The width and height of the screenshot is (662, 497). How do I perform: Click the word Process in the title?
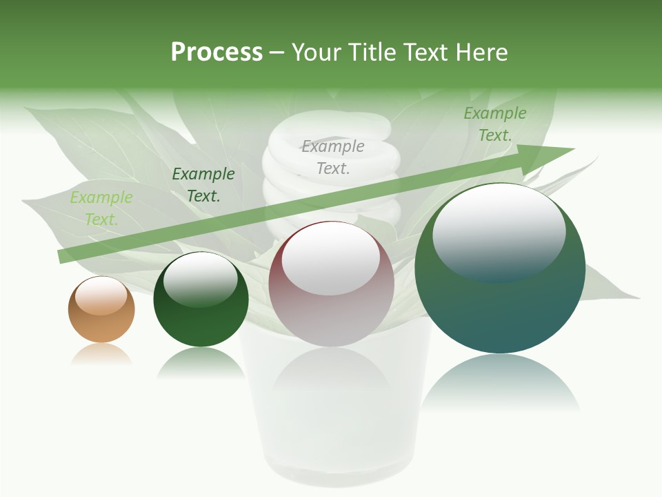click(x=217, y=52)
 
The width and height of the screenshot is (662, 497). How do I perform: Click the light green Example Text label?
click(x=101, y=208)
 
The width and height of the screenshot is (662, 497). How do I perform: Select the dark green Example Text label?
click(x=203, y=185)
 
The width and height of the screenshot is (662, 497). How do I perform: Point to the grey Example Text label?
click(x=333, y=157)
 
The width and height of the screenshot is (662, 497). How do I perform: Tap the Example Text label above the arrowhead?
click(x=494, y=124)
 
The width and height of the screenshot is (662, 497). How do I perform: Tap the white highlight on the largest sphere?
click(x=499, y=231)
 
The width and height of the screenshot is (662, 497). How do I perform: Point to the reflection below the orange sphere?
click(x=101, y=354)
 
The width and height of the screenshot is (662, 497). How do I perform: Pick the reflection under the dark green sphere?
click(x=201, y=362)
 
